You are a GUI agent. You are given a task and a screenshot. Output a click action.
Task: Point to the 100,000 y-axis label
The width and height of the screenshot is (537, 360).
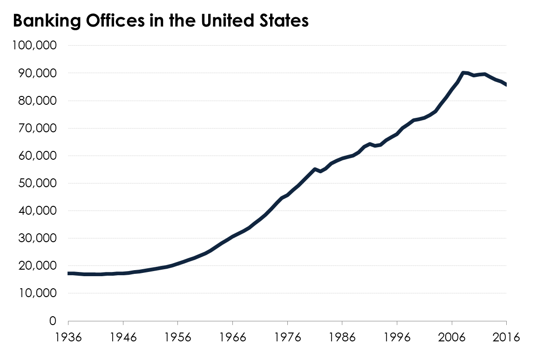point(35,46)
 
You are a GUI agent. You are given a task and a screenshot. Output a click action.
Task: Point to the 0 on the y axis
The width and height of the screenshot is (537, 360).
point(53,321)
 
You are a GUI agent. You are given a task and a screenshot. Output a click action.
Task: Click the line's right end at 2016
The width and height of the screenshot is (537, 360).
point(506,85)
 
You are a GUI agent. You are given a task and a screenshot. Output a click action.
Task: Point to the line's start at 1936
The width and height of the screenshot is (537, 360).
point(69,273)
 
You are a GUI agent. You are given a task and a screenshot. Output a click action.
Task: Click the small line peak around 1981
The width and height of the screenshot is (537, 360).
point(315,169)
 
